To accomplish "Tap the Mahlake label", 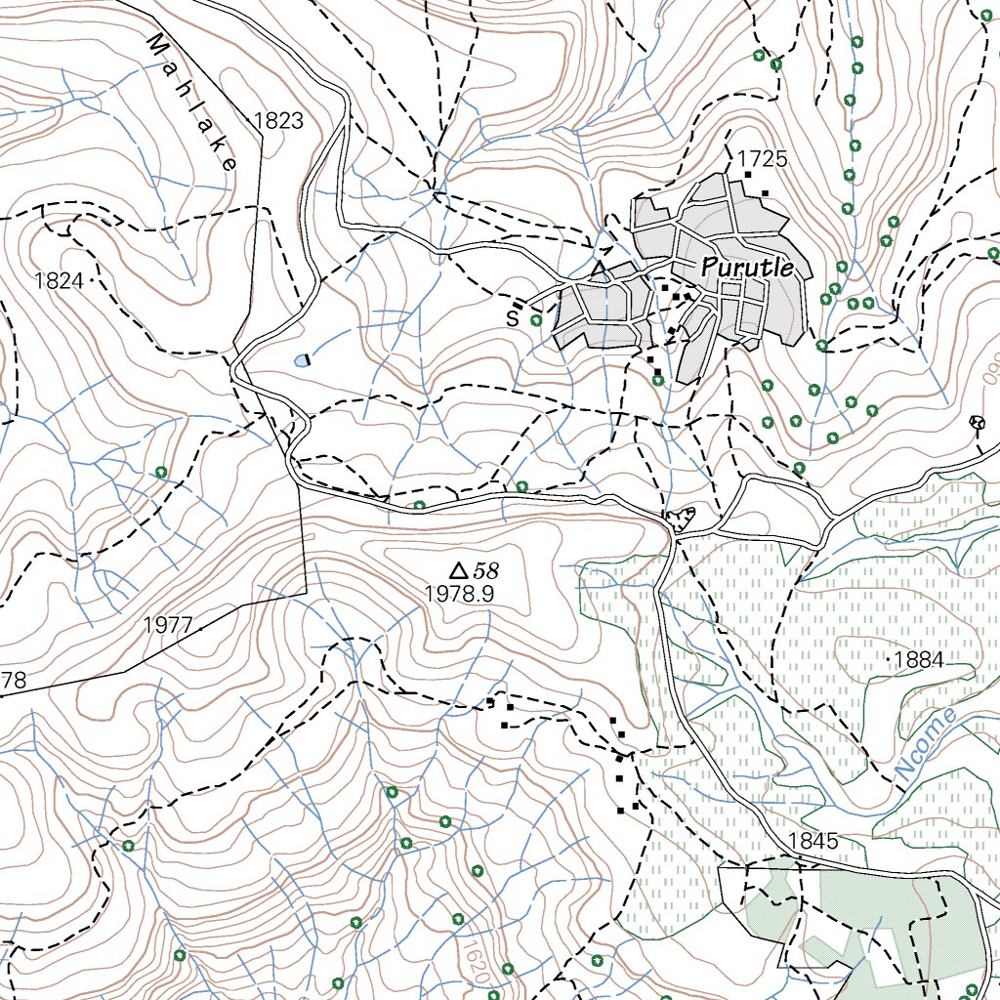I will click(x=192, y=103).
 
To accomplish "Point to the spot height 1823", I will click(x=278, y=121).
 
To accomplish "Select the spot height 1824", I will click(x=59, y=281).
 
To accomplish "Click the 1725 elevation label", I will click(x=762, y=158).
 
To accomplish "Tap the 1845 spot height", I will click(x=813, y=841).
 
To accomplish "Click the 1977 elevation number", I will click(x=168, y=625).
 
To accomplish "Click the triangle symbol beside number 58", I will click(x=457, y=570).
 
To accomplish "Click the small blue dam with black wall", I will click(x=302, y=359).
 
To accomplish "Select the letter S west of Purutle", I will click(x=512, y=317).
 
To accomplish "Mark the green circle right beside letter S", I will click(x=535, y=318).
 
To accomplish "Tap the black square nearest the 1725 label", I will click(x=748, y=175).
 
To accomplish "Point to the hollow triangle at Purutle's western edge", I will click(x=600, y=268).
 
